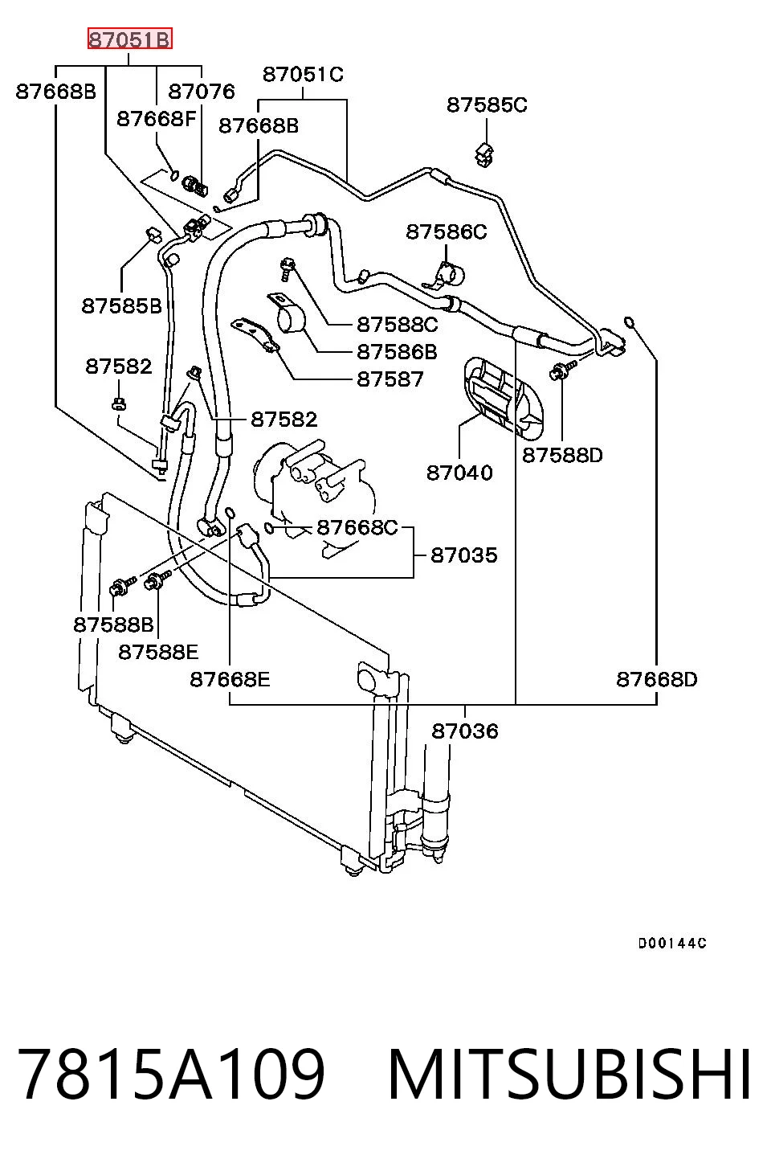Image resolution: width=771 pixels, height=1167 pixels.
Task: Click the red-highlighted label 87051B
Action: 129,39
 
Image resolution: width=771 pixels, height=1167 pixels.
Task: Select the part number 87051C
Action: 303,75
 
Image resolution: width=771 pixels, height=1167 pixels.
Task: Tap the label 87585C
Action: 487,105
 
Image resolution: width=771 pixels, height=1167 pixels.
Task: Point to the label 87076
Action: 202,92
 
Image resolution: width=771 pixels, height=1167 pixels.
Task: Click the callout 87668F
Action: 156,119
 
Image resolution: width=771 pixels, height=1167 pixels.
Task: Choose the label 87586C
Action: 447,231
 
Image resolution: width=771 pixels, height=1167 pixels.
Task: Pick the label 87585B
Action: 122,306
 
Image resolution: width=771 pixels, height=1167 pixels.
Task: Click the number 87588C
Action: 398,325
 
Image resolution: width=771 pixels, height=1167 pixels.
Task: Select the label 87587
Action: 390,379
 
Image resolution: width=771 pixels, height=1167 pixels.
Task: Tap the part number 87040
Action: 459,473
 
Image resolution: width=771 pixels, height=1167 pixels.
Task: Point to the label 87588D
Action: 562,456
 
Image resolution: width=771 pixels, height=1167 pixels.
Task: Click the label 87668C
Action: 357,528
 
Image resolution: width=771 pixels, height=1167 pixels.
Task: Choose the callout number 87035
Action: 464,555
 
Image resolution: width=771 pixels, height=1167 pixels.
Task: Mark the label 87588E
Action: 159,653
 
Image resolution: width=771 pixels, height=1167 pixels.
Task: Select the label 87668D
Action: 656,679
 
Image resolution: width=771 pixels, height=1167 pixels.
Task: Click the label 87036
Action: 465,731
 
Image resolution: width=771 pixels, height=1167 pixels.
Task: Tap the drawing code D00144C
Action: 672,944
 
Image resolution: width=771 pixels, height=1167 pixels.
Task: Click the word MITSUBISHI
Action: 569,1075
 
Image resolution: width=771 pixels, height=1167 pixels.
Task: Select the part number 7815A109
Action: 171,1075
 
